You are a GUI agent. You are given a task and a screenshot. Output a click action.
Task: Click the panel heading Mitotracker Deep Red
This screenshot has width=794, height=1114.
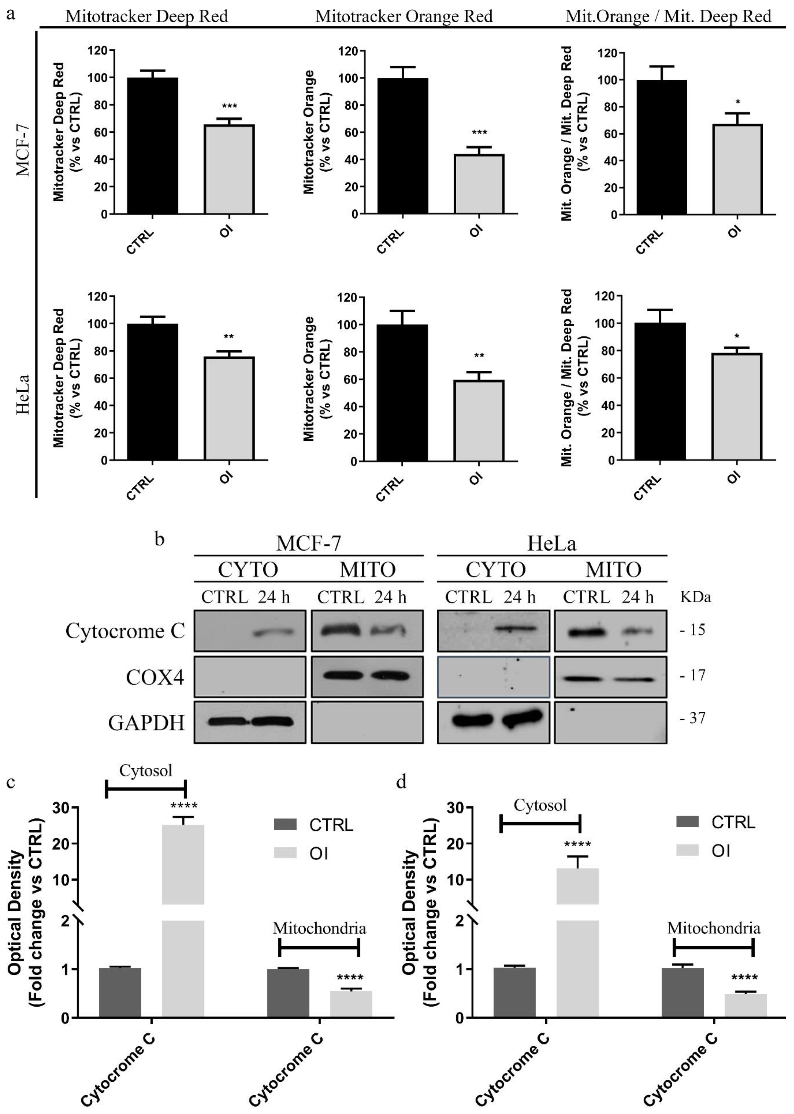(x=147, y=17)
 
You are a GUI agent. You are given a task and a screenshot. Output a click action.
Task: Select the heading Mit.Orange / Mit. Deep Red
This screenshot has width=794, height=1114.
(x=668, y=17)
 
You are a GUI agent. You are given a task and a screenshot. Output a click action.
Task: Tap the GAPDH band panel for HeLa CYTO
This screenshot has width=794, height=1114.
(x=493, y=722)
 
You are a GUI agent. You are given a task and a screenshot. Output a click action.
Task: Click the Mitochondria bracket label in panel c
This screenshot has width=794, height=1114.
(x=319, y=928)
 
